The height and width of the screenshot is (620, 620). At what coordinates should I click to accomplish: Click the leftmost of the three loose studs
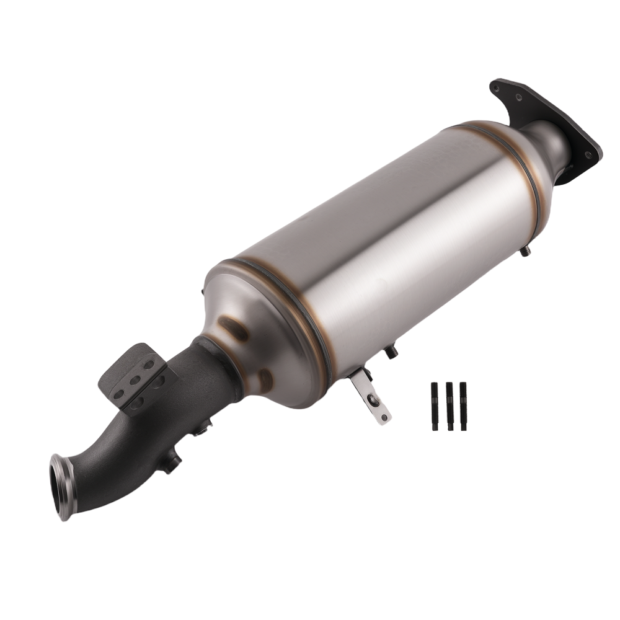point(434,407)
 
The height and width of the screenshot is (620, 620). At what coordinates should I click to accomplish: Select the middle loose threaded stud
point(449,407)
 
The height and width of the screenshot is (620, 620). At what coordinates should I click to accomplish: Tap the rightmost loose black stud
point(463,406)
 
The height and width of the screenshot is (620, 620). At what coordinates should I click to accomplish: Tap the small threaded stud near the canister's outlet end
point(525,251)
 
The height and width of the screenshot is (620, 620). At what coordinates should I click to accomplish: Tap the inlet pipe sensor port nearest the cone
point(203,428)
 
